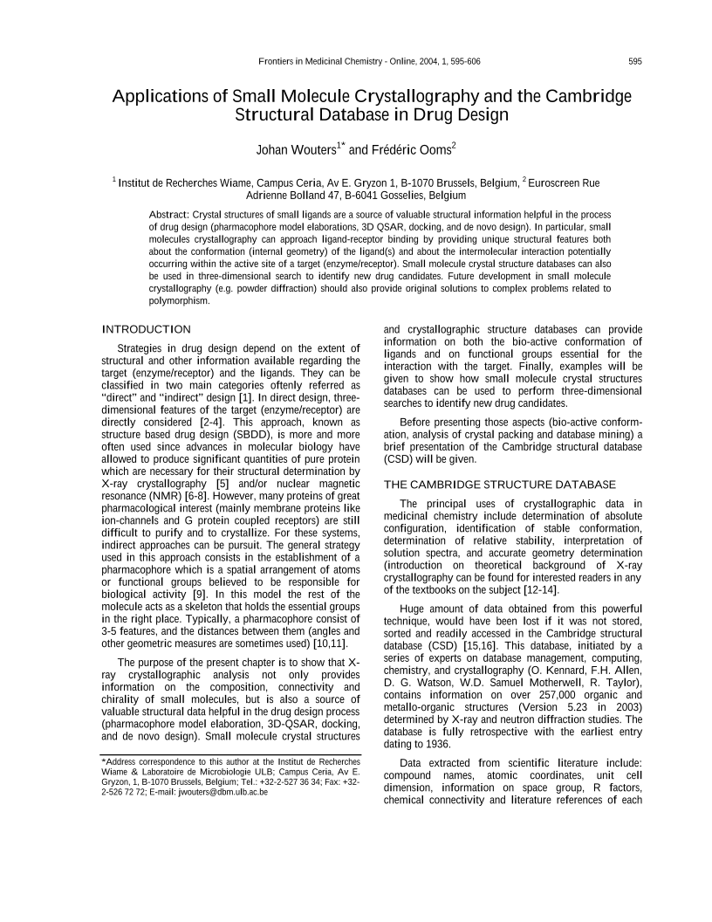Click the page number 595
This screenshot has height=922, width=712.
(634, 61)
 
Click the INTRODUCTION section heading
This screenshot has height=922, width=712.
(146, 329)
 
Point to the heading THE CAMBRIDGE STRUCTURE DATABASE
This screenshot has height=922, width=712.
(500, 484)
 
